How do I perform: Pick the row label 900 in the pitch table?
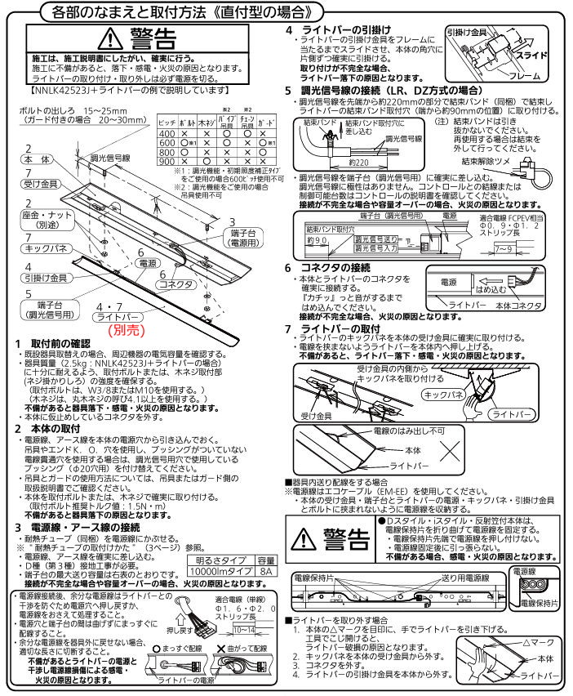click(167, 162)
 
